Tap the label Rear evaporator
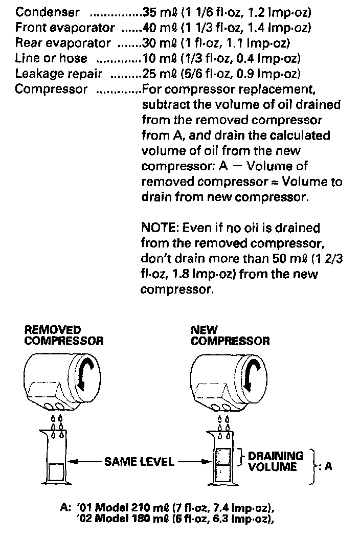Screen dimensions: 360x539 (63, 43)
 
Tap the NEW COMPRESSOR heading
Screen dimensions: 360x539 (230, 335)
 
